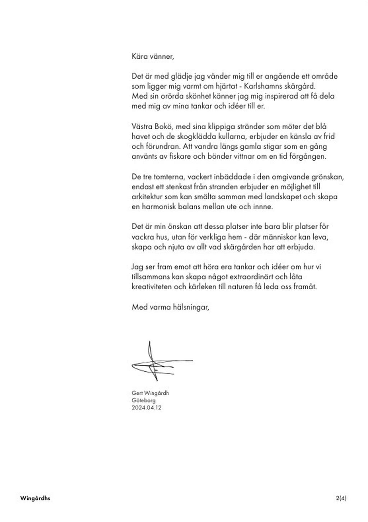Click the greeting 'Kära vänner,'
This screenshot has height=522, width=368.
(x=153, y=56)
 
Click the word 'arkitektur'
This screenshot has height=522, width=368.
(x=147, y=197)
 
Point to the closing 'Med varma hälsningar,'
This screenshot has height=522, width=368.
(x=170, y=307)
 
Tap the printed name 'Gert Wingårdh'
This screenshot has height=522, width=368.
(x=150, y=393)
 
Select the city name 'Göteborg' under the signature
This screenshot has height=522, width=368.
(x=144, y=400)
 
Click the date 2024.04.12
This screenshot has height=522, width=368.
(x=147, y=408)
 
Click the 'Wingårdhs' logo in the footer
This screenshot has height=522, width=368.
(x=35, y=499)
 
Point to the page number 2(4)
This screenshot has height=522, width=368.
(x=341, y=499)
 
